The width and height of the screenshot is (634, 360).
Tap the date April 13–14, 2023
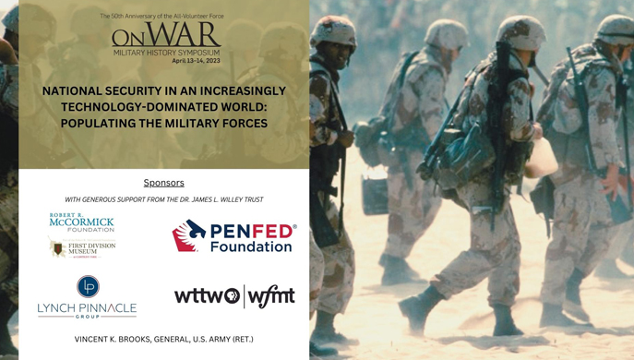click(196, 61)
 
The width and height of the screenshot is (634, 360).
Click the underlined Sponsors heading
click(163, 183)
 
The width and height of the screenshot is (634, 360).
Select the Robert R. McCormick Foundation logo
click(82, 222)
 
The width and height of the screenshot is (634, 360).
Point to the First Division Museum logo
click(82, 247)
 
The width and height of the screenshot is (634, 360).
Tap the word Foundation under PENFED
click(251, 246)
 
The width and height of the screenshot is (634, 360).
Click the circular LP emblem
click(88, 286)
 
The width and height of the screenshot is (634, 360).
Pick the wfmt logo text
click(271, 296)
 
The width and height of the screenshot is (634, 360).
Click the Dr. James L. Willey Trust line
click(163, 199)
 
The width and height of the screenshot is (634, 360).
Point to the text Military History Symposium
click(167, 53)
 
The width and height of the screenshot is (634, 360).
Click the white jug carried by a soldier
click(542, 159)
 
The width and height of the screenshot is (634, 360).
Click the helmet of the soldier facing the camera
click(332, 31)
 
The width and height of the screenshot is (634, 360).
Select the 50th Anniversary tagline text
click(161, 17)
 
